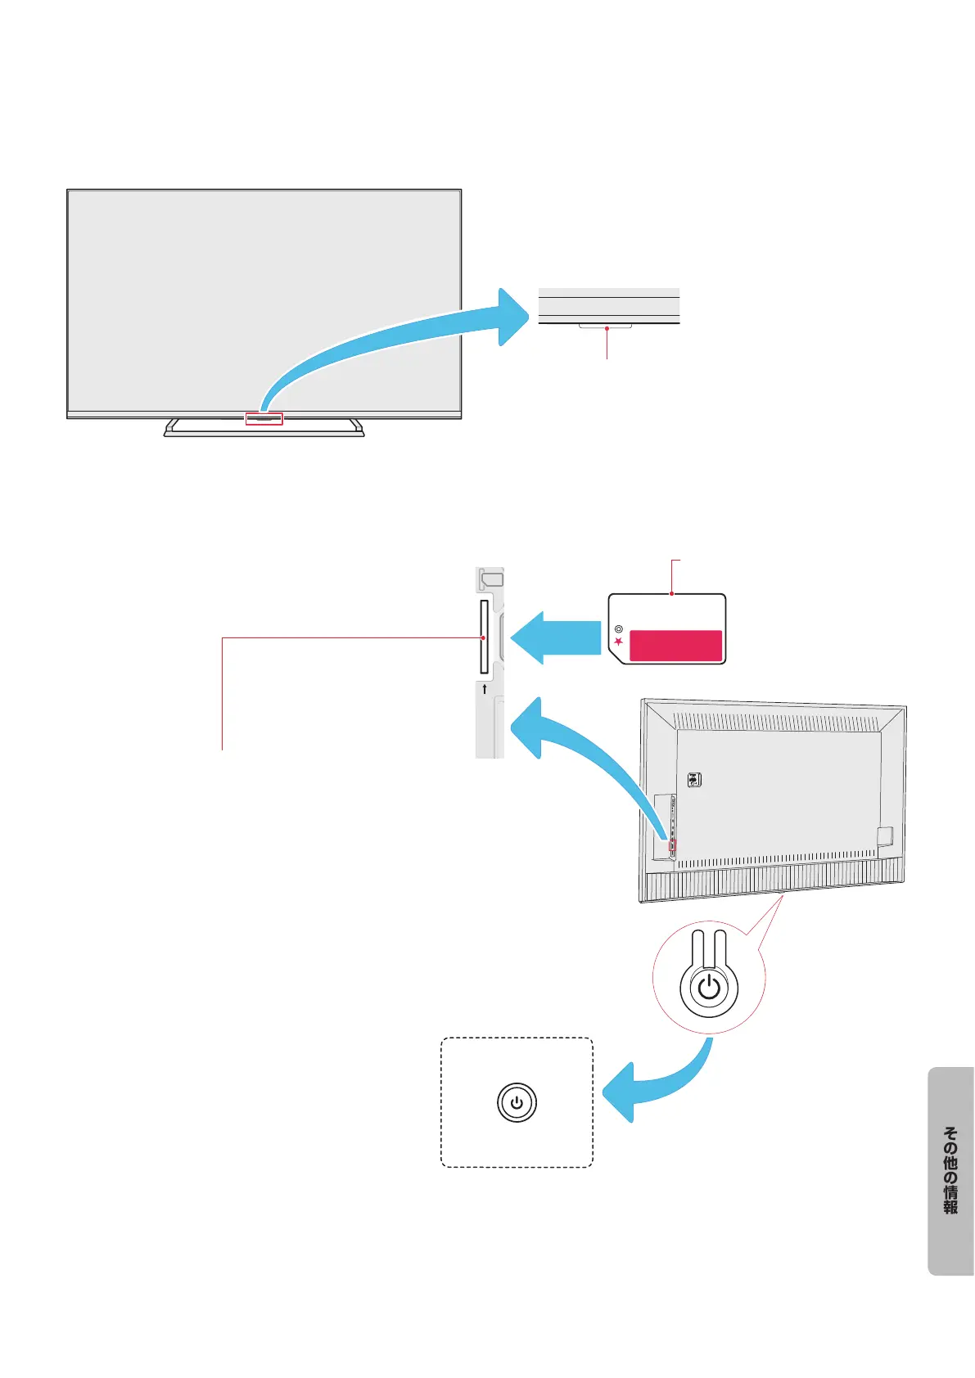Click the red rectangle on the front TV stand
pos(264,418)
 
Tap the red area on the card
pos(675,645)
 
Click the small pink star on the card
pos(619,642)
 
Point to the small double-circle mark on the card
pos(619,629)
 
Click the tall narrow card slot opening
pos(484,637)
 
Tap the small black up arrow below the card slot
pos(485,689)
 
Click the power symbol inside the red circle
pos(709,987)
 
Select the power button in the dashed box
pos(517,1102)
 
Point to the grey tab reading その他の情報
pos(950,1170)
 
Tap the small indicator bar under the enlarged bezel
pos(606,326)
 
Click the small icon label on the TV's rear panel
pos(694,780)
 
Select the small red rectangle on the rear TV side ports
pos(673,844)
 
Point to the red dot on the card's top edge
pos(671,594)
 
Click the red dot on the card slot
pos(484,637)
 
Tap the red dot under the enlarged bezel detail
pos(607,329)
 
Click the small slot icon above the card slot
pos(492,579)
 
